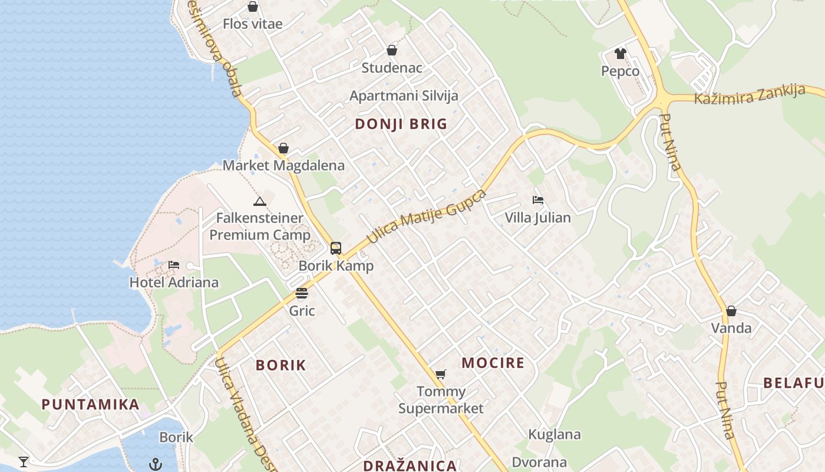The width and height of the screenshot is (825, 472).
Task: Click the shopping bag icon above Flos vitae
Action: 253,7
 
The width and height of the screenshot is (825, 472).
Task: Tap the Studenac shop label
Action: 392,68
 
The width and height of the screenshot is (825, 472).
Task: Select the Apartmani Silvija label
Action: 404,96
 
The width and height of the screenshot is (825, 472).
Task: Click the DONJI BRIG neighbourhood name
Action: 401,124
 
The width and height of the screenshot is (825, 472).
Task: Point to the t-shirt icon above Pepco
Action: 620,54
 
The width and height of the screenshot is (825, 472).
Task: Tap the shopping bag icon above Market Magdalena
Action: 283,148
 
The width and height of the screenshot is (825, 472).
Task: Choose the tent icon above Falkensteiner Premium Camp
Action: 259,202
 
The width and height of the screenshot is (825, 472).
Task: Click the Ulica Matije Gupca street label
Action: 427,217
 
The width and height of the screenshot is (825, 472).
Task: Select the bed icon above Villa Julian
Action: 537,200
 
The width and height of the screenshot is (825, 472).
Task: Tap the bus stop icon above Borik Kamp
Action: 336,248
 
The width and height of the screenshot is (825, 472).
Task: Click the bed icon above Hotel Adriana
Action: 174,265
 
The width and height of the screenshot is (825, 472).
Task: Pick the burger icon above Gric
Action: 302,293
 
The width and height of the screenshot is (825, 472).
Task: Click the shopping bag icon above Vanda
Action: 731,311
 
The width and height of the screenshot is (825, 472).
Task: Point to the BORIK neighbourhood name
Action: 281,365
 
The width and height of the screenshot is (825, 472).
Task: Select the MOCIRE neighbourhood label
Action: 493,363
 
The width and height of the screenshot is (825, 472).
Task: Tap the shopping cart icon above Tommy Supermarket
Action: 440,373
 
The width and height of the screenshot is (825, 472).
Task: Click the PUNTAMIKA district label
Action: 91,405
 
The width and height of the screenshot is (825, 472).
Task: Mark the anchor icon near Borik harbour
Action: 156,464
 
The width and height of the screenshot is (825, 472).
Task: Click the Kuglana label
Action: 555,435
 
